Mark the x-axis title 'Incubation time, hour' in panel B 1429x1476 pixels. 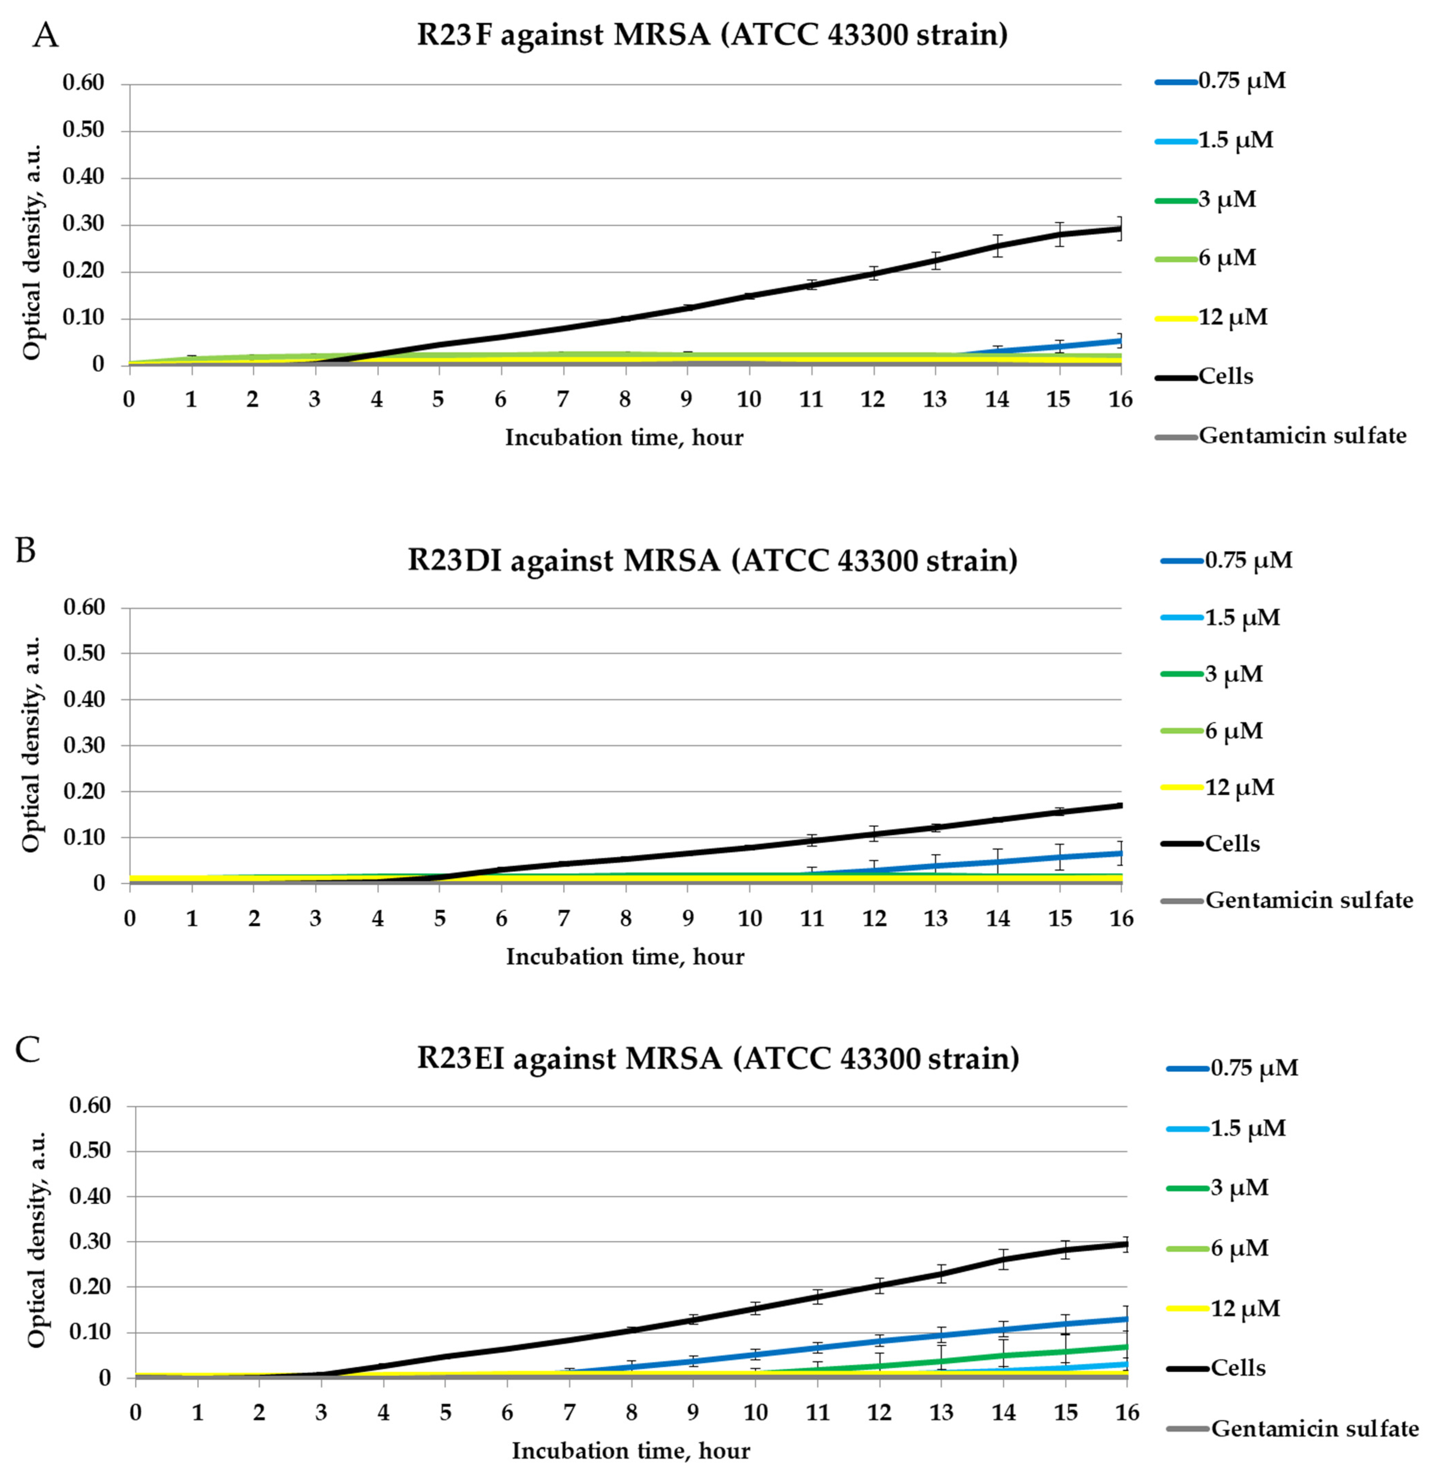[x=625, y=956]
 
